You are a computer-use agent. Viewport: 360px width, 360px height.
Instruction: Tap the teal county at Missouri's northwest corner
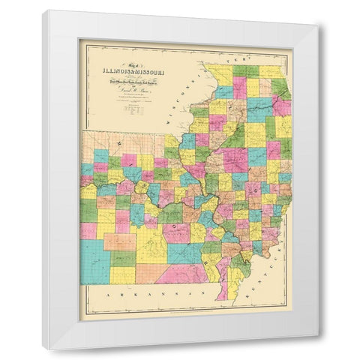(101, 155)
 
